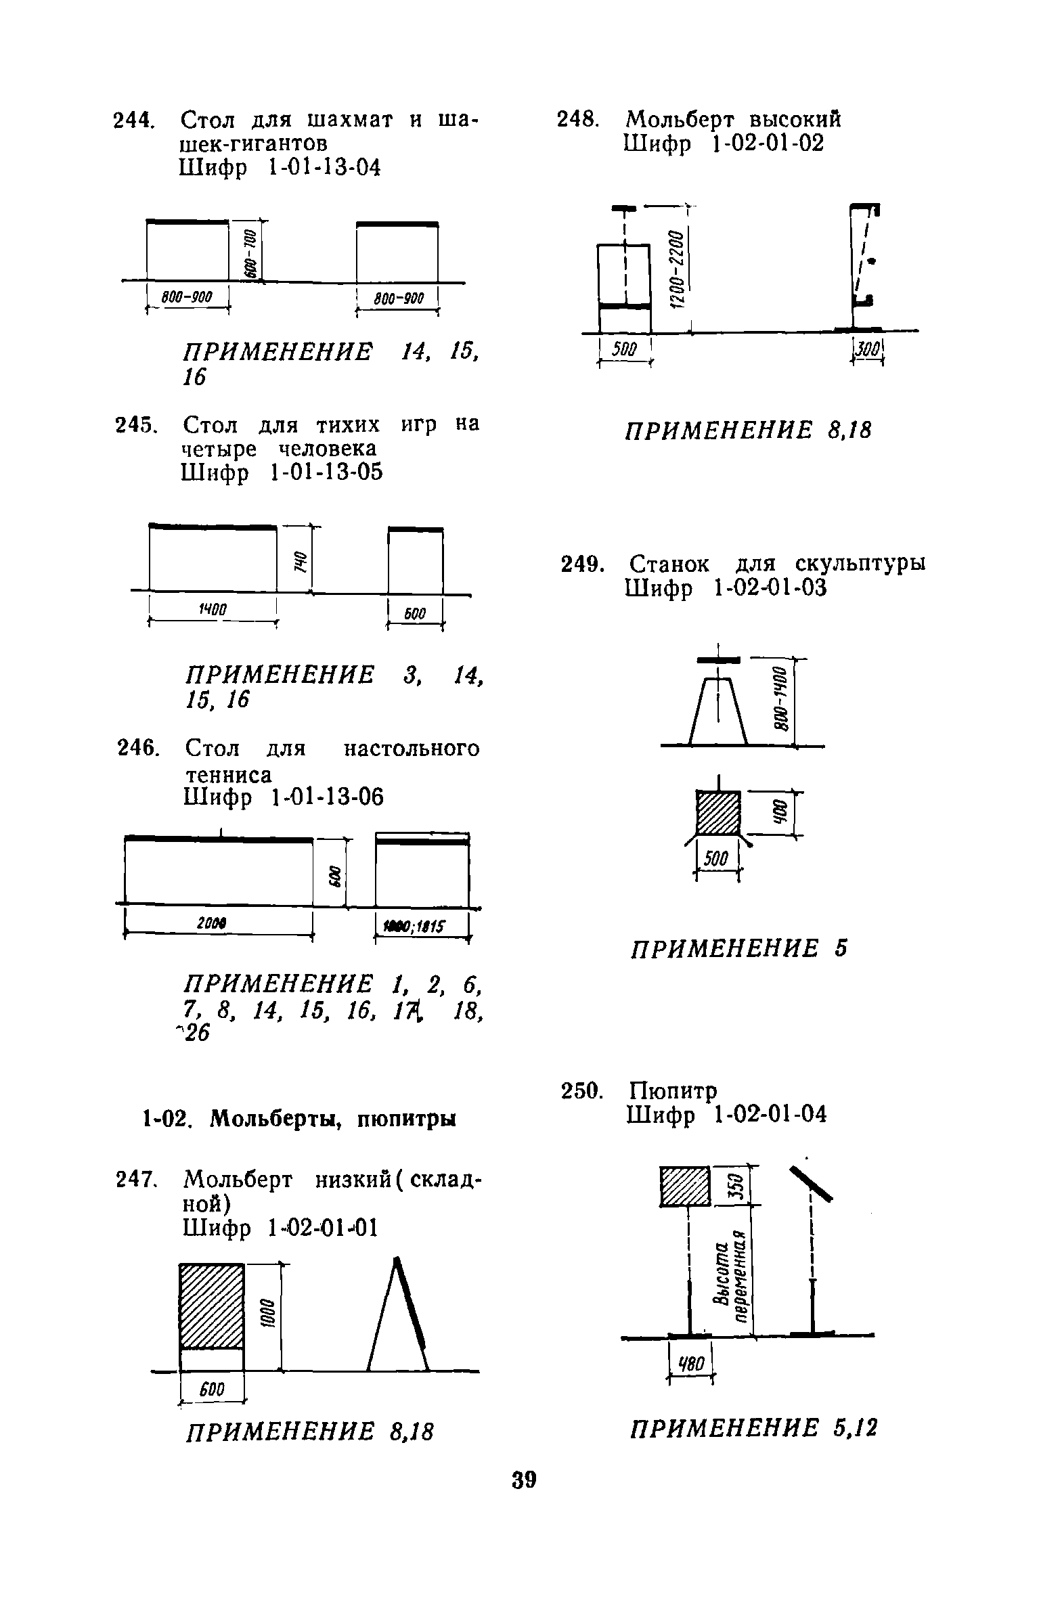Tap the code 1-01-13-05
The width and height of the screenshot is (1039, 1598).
pos(326,472)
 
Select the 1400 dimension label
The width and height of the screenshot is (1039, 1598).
pos(211,611)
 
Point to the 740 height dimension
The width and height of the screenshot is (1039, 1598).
pos(299,560)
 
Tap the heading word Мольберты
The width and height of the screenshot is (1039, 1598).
pos(278,1119)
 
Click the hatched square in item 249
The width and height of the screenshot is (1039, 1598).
pos(720,812)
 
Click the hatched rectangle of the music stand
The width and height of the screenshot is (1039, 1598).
pos(684,1186)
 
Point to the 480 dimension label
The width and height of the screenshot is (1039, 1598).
pos(690,1362)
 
